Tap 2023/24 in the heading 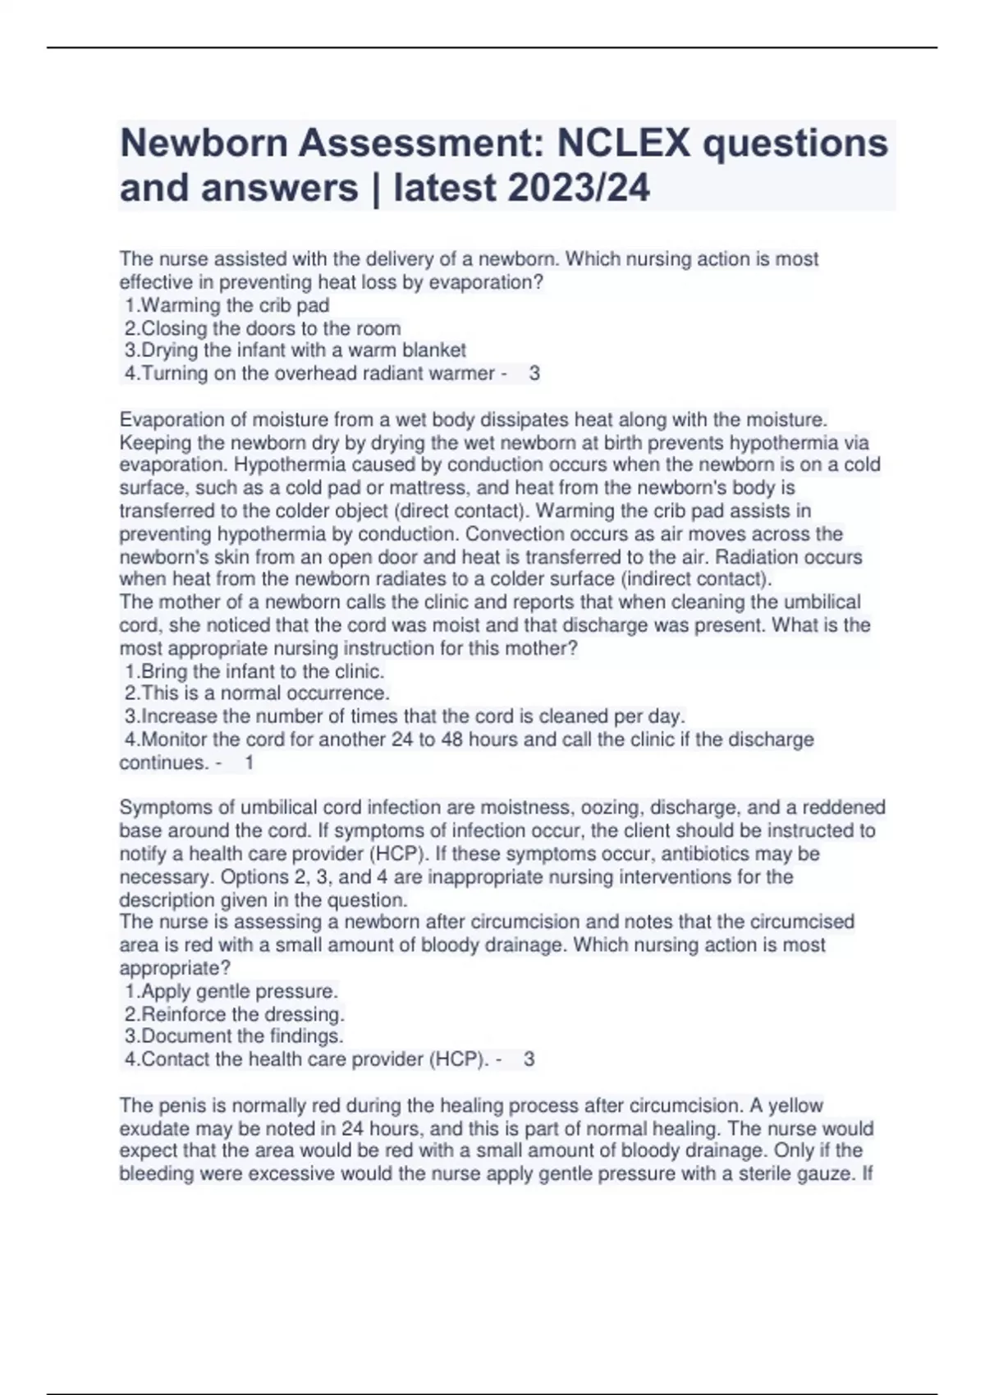click(579, 188)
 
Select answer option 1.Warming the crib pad click(227, 305)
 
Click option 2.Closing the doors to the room click(263, 328)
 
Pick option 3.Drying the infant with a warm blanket click(295, 350)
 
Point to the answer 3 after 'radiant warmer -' click(534, 374)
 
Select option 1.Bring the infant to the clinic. click(254, 671)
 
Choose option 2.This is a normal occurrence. click(257, 693)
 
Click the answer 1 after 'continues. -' click(250, 762)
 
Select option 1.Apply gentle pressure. click(231, 990)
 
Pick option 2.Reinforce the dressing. click(235, 1014)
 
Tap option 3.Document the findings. click(234, 1036)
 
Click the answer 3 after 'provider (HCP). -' click(529, 1059)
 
